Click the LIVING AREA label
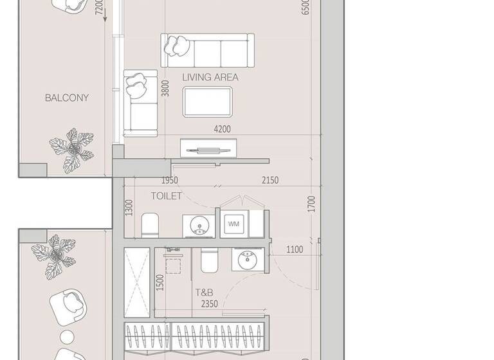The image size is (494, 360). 210,77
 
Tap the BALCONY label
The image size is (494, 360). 67,98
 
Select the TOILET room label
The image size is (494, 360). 167,195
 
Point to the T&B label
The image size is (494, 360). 205,292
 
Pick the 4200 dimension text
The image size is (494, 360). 223,129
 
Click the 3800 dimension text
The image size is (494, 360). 166,88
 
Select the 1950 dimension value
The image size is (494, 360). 169,181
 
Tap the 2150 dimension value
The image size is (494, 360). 270,181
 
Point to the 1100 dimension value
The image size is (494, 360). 295,249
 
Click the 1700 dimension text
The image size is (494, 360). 311,204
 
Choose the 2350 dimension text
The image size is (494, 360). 210,304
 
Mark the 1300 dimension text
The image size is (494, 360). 129,207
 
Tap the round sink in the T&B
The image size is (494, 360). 246,260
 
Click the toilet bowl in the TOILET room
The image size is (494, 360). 150,224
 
